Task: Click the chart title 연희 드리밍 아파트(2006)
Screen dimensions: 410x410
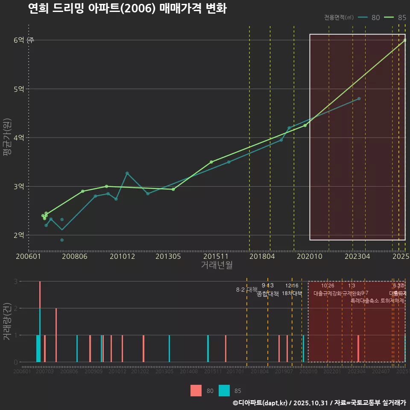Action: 127,9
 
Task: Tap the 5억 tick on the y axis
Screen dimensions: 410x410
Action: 19,89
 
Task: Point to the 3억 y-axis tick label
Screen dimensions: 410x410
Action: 19,187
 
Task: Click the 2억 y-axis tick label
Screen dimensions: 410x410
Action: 19,235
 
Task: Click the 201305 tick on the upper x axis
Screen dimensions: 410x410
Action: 168,256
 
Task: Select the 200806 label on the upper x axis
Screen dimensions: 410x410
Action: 75,256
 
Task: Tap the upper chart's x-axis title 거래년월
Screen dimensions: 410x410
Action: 217,265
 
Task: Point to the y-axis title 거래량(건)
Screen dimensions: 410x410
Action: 7,322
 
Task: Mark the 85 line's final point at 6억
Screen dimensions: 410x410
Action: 405,40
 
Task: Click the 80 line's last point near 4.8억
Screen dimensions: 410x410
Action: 359,99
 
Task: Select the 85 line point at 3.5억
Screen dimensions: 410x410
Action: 211,162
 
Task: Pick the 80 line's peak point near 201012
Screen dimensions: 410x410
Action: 127,173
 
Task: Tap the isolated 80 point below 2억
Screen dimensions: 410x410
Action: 62,240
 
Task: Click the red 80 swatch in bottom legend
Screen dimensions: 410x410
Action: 196,391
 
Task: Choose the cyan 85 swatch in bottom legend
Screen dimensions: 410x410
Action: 224,391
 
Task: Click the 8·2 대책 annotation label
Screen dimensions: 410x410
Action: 244,290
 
